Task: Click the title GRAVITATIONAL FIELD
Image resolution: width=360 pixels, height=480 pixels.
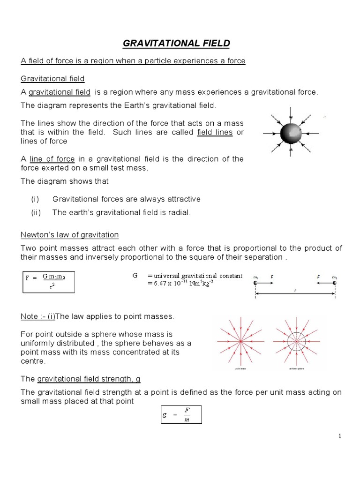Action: coord(176,44)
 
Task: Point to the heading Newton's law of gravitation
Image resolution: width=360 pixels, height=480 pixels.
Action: coord(70,234)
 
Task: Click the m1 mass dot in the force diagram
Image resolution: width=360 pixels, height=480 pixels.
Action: coord(255,283)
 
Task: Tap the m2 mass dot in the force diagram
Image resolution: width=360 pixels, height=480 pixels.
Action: coord(334,283)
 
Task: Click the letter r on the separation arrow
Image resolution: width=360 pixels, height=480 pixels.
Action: coord(295,291)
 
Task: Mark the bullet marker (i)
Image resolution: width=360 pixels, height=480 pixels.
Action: coord(36,199)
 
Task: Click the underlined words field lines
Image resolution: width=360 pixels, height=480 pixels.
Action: coord(215,132)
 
